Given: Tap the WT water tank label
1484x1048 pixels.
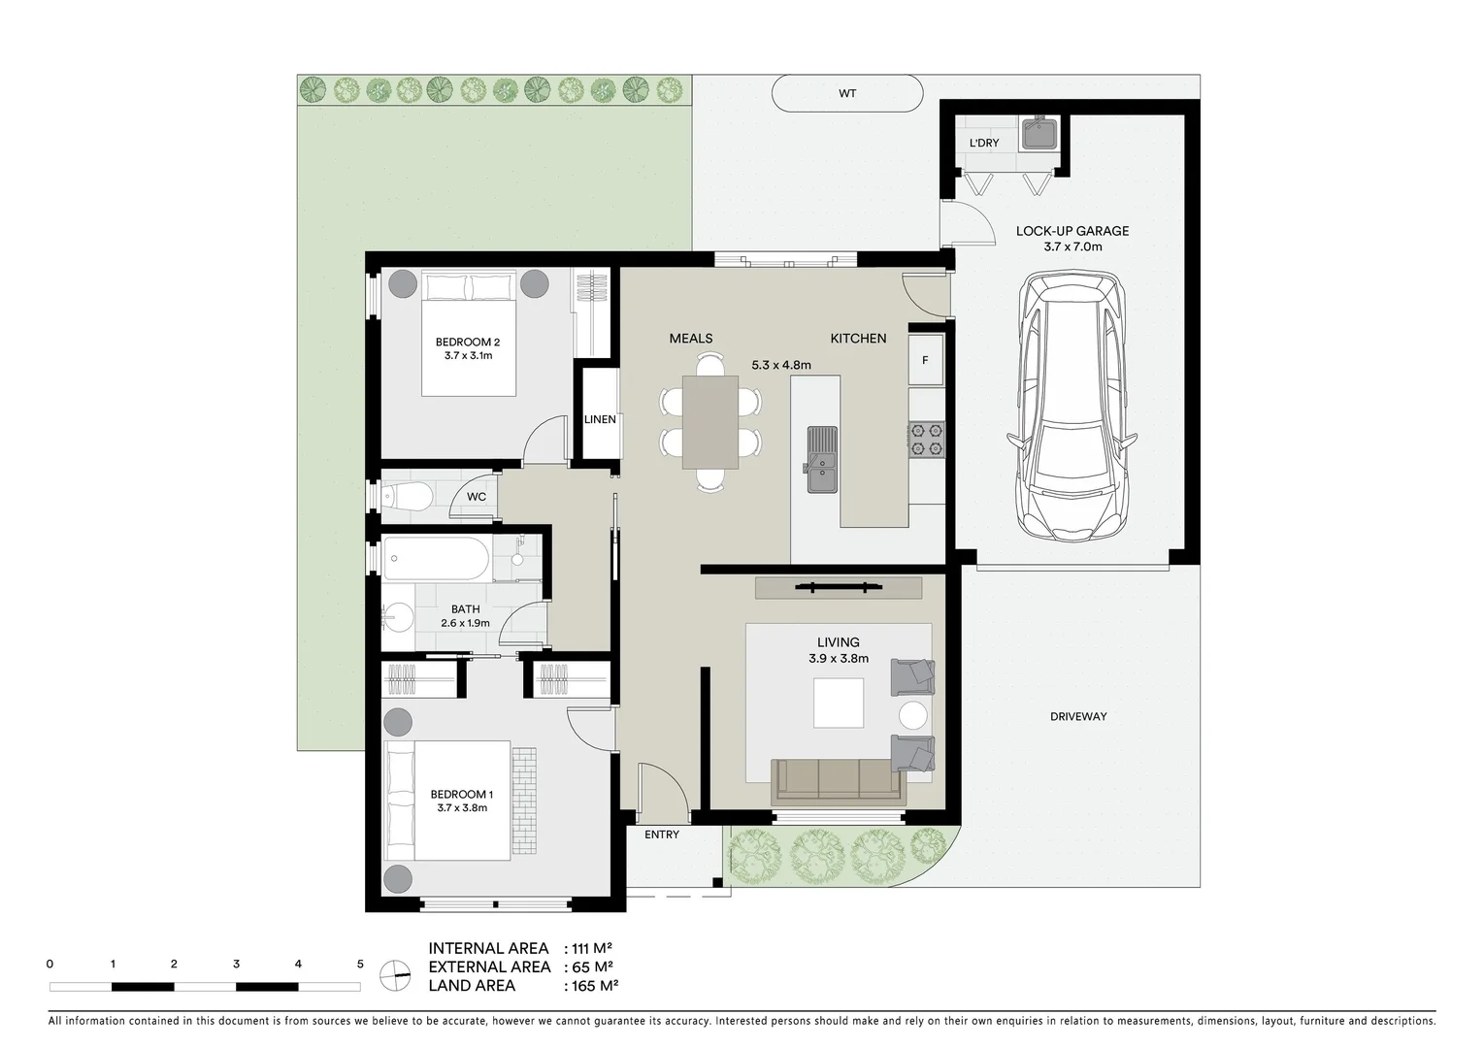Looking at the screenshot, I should (847, 94).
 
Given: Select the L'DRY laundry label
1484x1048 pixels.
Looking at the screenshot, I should (983, 144).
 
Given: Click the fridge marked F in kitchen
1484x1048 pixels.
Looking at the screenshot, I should (925, 360).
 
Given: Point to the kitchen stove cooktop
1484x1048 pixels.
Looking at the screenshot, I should (926, 439).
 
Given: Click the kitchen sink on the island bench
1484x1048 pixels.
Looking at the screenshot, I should (821, 459).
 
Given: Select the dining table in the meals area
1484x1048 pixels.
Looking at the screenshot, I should (710, 422).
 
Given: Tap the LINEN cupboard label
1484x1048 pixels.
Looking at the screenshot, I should (600, 419).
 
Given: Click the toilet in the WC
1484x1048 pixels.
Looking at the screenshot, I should (408, 497).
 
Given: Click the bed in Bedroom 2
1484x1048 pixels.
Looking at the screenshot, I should (468, 335).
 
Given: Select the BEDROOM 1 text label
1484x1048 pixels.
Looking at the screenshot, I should (461, 795).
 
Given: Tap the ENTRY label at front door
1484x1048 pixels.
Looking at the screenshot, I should (662, 835).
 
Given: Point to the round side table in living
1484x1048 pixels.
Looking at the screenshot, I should (913, 716).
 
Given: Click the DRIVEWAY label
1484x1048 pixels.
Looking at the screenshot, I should (1077, 717).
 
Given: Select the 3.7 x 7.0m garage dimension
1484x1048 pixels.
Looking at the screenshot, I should (1072, 247).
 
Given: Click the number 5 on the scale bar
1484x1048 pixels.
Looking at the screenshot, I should (360, 965).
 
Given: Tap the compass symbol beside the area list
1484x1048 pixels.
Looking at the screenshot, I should (395, 974).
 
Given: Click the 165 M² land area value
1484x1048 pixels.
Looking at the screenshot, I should (594, 986).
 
